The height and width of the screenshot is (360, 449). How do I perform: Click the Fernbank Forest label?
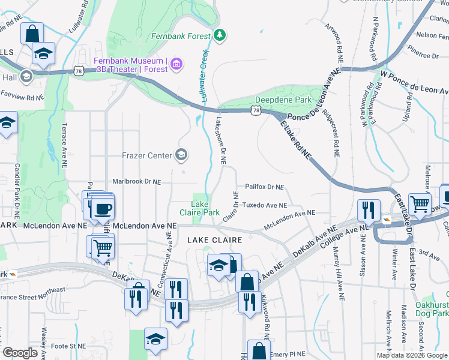[x=181, y=35]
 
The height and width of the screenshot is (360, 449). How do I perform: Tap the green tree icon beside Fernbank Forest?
[x=220, y=35]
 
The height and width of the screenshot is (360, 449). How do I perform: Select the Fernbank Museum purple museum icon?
[x=176, y=64]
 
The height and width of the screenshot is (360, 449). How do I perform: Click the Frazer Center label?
[x=147, y=156]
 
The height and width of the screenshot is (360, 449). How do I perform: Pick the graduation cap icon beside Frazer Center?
[x=181, y=156]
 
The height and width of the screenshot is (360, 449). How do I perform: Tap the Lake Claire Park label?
[x=199, y=208]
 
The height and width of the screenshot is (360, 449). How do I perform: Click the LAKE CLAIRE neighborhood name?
[x=214, y=240]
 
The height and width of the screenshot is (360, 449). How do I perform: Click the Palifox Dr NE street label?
[x=264, y=187]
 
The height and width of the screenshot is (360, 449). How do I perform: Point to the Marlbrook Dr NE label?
[x=137, y=181]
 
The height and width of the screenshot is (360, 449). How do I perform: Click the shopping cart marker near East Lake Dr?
[x=420, y=205]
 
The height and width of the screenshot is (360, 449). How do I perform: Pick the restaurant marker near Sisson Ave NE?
[x=367, y=210]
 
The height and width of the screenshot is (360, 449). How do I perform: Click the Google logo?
[x=20, y=353]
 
